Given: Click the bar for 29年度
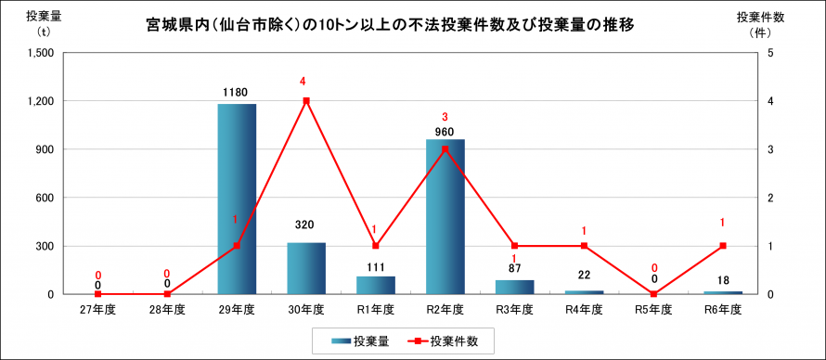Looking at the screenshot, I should [237, 199].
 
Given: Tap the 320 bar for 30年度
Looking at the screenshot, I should [306, 268].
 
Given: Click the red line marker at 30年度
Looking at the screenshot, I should [306, 101].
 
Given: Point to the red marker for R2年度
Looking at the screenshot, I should [445, 149].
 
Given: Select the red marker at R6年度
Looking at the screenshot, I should [723, 246].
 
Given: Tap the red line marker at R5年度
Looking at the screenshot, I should [653, 294].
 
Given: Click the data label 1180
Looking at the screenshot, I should [237, 93].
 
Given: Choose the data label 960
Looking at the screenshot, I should [445, 132].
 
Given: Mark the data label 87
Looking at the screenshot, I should [514, 269].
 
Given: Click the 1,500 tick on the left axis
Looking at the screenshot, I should [40, 53].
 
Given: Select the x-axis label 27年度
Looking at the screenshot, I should [97, 309].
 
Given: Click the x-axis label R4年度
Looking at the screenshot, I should [584, 309].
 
